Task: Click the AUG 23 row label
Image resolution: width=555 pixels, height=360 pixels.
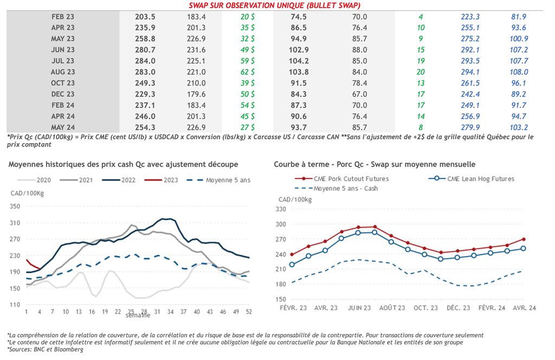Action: point(63,72)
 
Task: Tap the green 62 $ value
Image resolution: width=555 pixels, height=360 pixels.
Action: point(248,72)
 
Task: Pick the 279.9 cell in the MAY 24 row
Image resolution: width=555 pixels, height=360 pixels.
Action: point(469,127)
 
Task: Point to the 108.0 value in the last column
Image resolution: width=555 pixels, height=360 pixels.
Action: point(519,72)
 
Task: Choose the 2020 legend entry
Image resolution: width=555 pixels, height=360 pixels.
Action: point(38,180)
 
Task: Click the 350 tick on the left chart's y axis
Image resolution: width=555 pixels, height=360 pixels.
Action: point(15,207)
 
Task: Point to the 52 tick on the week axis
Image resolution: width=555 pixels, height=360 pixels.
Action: point(249,312)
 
